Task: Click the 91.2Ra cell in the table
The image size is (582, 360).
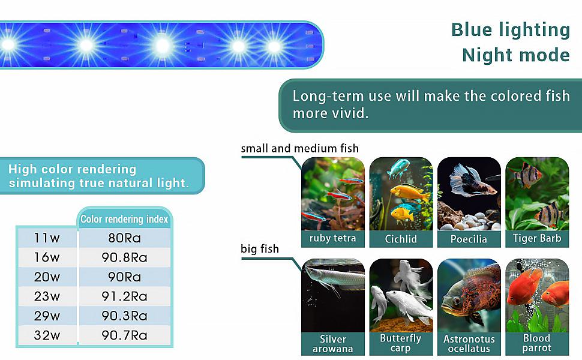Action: (x=124, y=296)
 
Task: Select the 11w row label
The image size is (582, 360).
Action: (x=47, y=238)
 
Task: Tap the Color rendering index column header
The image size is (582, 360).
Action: (x=124, y=220)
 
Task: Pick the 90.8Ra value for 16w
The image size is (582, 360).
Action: (x=124, y=257)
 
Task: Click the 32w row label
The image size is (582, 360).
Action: (x=47, y=335)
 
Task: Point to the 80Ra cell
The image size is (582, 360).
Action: (x=124, y=238)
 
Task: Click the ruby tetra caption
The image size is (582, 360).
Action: (x=332, y=238)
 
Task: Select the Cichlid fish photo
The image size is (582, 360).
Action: (x=401, y=193)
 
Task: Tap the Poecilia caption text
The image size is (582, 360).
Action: (x=469, y=239)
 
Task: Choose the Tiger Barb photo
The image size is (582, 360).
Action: (x=537, y=193)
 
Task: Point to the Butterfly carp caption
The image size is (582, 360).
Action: (x=401, y=343)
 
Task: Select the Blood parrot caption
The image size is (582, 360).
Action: (x=537, y=343)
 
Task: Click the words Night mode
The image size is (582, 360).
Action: (x=515, y=55)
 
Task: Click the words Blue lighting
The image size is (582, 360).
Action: (x=510, y=29)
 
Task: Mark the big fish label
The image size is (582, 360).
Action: (x=259, y=248)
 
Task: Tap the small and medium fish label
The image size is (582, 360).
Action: (x=299, y=148)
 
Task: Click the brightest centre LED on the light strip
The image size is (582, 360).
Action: (x=161, y=45)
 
